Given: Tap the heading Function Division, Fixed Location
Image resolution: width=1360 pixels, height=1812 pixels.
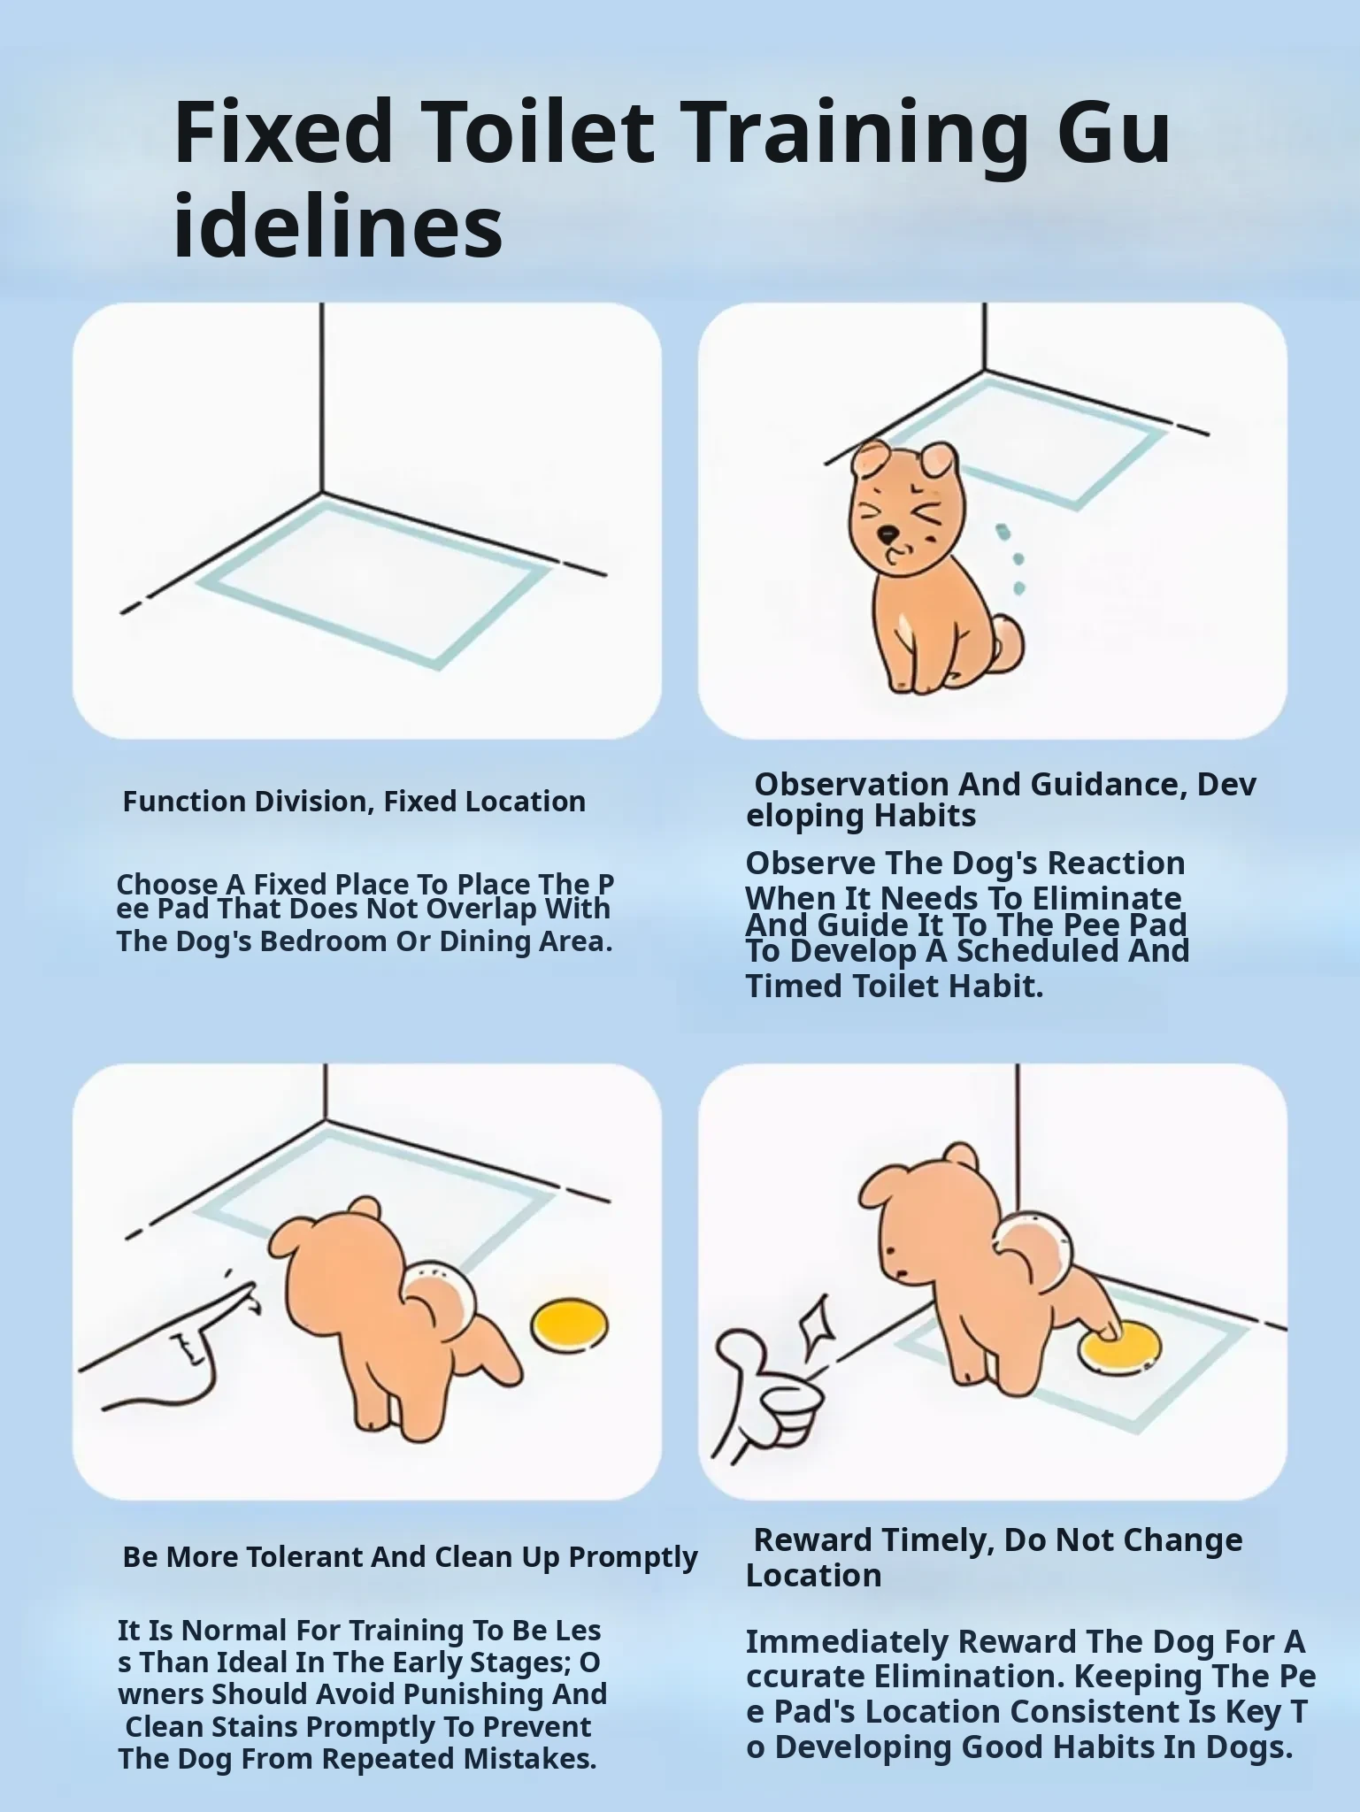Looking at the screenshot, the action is click(354, 802).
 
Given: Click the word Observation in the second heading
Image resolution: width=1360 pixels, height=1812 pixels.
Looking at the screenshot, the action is click(851, 784).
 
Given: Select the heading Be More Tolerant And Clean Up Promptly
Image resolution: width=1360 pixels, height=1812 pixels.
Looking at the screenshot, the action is click(411, 1557).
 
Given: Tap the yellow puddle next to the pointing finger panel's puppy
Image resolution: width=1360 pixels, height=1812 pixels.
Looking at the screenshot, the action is click(570, 1324).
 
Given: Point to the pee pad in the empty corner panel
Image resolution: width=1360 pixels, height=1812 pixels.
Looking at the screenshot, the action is click(373, 583).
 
